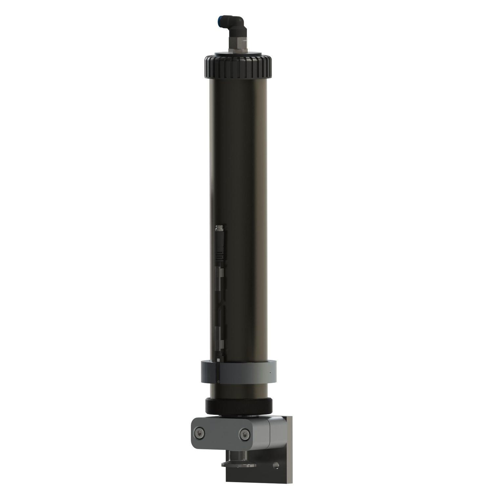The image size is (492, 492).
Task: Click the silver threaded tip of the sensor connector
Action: coord(219,228)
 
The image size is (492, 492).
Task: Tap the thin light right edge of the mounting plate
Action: coord(292,453)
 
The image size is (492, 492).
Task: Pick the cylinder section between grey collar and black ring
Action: coord(238,390)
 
